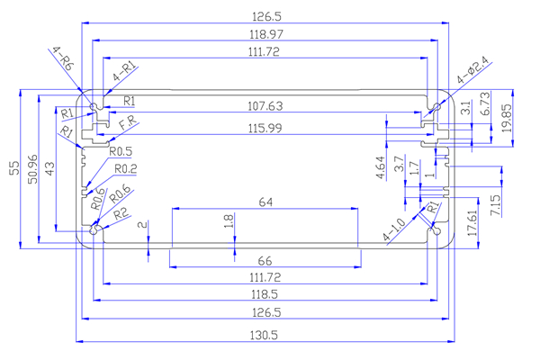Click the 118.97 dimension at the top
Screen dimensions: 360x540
(267, 33)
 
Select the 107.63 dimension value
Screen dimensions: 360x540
(267, 106)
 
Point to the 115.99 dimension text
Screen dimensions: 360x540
(267, 129)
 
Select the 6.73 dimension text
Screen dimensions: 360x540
(485, 108)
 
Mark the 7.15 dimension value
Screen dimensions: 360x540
(496, 204)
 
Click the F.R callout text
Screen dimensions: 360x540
(128, 121)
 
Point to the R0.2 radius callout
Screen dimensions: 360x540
(123, 169)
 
